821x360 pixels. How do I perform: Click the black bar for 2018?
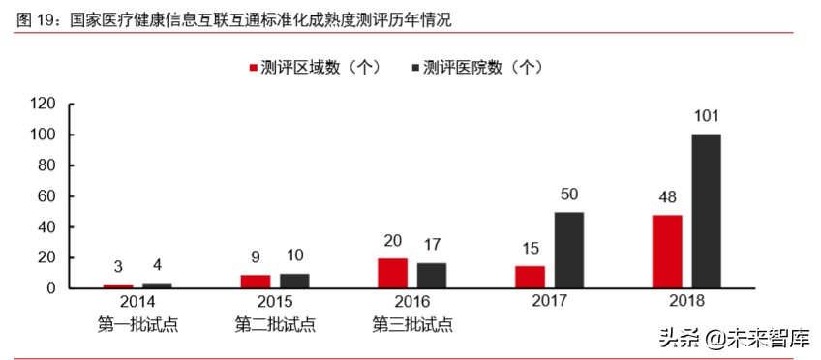pos(706,211)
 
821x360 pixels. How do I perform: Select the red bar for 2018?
pos(666,252)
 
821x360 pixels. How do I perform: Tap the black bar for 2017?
pos(568,250)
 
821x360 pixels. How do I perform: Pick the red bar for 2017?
pos(530,277)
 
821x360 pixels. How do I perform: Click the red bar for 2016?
pos(392,273)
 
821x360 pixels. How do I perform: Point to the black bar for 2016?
pos(432,275)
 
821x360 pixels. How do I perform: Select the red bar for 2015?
pos(255,282)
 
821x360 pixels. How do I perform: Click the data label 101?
pos(706,117)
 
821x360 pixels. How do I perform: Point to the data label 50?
pos(568,195)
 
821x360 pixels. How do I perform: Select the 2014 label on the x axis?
pos(137,303)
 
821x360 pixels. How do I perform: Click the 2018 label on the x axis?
pos(685,303)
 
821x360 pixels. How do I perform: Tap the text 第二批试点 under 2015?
pos(275,324)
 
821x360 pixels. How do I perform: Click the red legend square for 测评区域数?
pos(254,68)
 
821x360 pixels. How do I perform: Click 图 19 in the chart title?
pos(33,19)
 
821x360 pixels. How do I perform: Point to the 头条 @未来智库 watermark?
pos(737,338)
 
